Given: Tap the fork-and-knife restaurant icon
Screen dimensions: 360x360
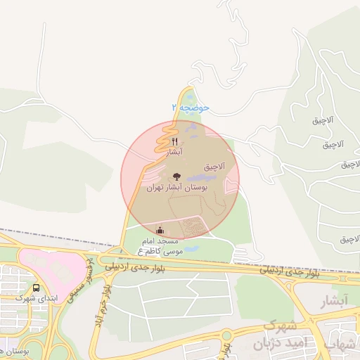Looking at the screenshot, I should pyautogui.click(x=174, y=142).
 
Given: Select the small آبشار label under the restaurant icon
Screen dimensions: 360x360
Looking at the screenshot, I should pyautogui.click(x=175, y=152).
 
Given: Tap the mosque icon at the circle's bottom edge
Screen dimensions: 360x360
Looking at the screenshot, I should pyautogui.click(x=160, y=230).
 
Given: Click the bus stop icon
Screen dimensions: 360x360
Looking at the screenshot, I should pyautogui.click(x=36, y=288).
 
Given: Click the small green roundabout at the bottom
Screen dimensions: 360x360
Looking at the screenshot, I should pyautogui.click(x=226, y=335).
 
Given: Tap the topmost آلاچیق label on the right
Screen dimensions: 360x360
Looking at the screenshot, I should pyautogui.click(x=328, y=120).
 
